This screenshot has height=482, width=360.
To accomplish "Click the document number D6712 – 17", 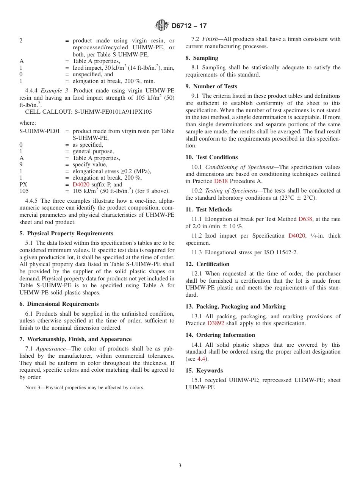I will tap(189, 26).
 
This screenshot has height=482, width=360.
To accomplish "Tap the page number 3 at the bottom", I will tap(180, 466).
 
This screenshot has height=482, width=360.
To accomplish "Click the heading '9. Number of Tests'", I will tap(211, 86).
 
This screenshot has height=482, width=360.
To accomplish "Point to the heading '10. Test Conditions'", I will tap(211, 157).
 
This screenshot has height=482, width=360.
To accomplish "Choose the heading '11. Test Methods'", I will tap(208, 210).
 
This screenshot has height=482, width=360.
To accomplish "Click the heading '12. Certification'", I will tap(207, 264).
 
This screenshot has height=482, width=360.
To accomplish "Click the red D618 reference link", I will tap(221, 181).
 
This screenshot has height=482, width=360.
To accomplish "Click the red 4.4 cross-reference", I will tap(202, 359).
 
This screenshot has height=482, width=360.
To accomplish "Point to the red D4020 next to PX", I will tap(81, 185).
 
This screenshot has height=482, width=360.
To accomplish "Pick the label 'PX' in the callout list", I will tap(23, 185).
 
